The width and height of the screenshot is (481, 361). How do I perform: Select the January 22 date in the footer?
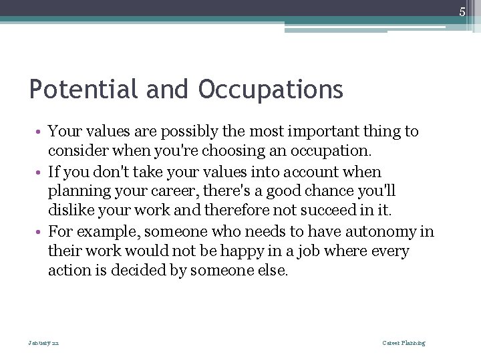click(43, 343)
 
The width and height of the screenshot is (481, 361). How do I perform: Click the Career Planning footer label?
click(404, 343)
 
